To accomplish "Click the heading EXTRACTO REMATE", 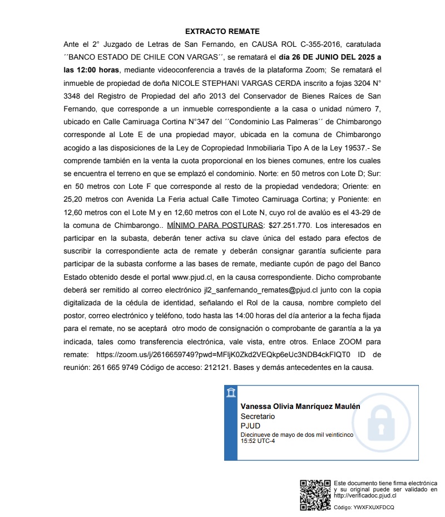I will click(x=222, y=32).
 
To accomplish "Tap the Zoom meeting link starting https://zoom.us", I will click(x=223, y=354).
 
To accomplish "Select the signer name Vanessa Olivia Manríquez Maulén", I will click(x=300, y=407).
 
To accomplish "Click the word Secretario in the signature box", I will click(x=258, y=416).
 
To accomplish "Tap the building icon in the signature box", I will click(x=231, y=393).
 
